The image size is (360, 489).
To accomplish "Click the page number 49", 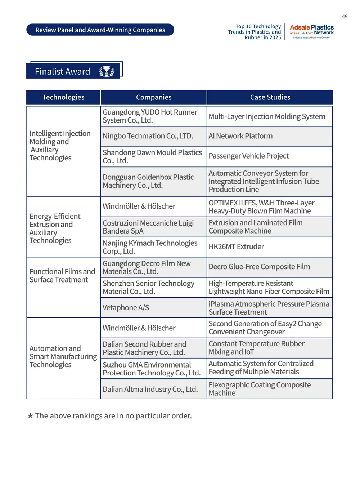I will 345,17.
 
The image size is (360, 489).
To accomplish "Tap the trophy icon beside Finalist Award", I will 107,71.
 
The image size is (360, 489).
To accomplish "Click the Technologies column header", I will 63,97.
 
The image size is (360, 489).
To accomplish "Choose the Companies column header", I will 154,97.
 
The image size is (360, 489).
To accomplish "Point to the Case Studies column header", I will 270,97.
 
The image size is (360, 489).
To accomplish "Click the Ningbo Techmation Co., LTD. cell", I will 148,136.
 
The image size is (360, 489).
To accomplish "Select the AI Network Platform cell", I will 240,136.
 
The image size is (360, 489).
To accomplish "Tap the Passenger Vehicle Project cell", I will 249,156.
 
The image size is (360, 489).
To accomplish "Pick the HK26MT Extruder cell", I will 236,247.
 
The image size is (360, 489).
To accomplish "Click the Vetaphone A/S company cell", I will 126,308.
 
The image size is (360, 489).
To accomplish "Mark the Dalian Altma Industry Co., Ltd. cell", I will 150,389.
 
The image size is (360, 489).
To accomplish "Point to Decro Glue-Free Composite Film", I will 259,267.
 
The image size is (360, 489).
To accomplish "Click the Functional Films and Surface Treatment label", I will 62,276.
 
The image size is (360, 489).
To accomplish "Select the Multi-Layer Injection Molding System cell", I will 267,116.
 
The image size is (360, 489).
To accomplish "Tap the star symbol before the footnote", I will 31,416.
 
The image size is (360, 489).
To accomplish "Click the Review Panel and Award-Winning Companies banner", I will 100,30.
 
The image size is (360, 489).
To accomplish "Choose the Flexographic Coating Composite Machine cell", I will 260,389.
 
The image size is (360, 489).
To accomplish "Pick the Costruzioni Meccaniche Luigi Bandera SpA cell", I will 148,227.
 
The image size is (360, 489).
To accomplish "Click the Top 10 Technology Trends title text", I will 255,32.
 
